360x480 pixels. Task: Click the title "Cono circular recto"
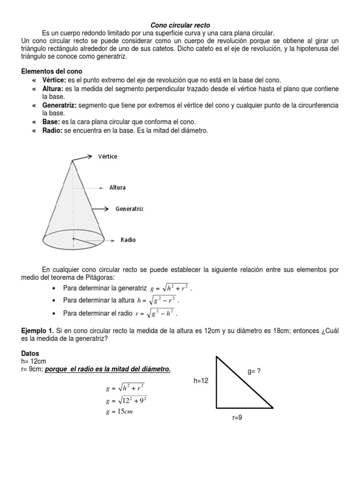(x=180, y=25)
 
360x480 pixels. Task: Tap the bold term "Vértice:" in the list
(x=54, y=80)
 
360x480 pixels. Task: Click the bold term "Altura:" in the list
(x=52, y=89)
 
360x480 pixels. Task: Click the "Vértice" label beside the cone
(x=108, y=157)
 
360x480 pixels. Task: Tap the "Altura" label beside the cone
(x=117, y=187)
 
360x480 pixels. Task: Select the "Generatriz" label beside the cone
(x=129, y=209)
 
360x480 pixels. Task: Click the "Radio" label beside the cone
(x=128, y=240)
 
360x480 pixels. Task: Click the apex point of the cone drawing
(x=72, y=161)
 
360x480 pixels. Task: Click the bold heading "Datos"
(x=30, y=353)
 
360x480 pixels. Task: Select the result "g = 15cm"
(x=120, y=412)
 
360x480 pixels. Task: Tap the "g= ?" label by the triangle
(x=254, y=371)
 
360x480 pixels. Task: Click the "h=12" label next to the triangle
(x=201, y=381)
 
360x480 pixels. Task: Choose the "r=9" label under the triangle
(x=237, y=417)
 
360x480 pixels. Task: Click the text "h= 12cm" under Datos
(x=34, y=361)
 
